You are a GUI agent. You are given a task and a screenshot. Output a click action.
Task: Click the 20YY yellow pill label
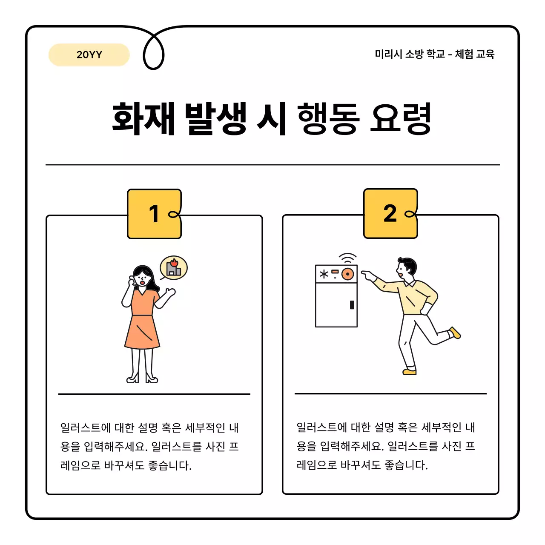[x=89, y=54]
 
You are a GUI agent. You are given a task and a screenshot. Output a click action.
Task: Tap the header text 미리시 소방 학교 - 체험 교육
[x=434, y=54]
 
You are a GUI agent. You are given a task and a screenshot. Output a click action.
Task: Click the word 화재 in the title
[x=143, y=118]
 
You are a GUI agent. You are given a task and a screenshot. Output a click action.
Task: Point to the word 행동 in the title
[x=328, y=118]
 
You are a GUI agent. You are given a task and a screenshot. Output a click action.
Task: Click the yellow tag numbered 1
[x=154, y=214]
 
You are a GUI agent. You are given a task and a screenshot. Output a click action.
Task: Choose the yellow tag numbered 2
[x=390, y=214]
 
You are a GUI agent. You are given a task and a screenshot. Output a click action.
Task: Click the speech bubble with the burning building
[x=174, y=268]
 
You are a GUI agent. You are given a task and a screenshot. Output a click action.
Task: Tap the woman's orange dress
[x=142, y=324]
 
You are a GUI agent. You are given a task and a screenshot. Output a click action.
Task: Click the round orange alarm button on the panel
[x=348, y=274]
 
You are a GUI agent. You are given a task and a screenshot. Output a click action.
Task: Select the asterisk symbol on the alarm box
[x=324, y=274]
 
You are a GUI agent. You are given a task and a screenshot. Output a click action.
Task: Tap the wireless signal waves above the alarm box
[x=347, y=258]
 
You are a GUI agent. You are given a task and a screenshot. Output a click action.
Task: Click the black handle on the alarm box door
[x=352, y=304]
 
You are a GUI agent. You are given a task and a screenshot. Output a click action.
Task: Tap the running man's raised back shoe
[x=455, y=333]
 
